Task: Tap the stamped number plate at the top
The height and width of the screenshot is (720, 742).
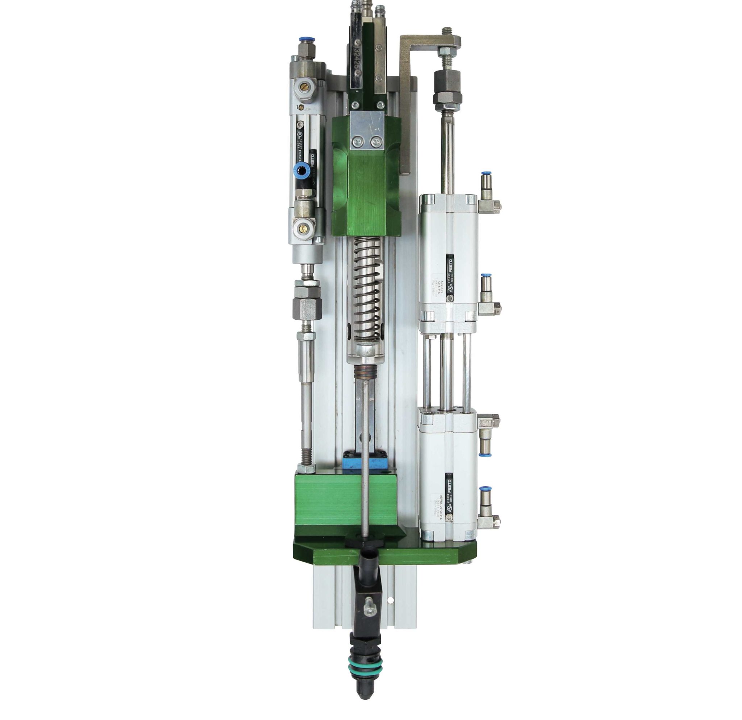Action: pyautogui.click(x=356, y=61)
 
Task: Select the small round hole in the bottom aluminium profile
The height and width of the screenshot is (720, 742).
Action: pyautogui.click(x=390, y=600)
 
